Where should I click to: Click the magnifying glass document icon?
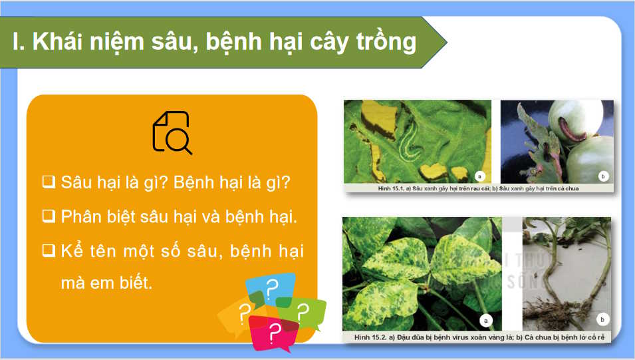click(x=172, y=132)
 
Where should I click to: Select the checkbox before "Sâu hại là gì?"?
click(x=49, y=182)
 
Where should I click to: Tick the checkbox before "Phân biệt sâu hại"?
click(x=49, y=216)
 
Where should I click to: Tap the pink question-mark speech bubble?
click(x=273, y=331)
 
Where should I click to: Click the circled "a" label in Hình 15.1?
click(x=479, y=176)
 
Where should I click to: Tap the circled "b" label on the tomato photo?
click(x=603, y=176)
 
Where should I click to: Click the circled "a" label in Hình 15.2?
click(x=485, y=321)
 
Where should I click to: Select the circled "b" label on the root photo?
click(x=602, y=319)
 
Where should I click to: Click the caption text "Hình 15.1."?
click(x=391, y=188)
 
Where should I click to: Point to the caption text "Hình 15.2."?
click(x=370, y=337)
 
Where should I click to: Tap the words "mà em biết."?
click(x=107, y=283)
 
